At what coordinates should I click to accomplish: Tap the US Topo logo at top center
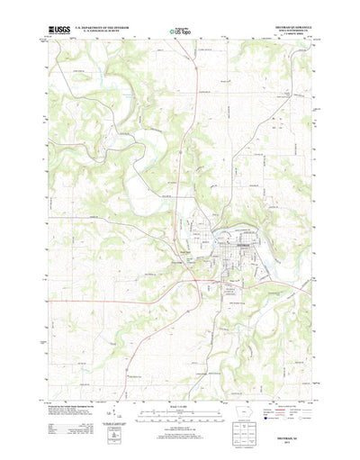tap(179, 32)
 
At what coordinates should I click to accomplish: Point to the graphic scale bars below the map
tap(179, 410)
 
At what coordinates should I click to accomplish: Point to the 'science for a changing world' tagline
tap(61, 36)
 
